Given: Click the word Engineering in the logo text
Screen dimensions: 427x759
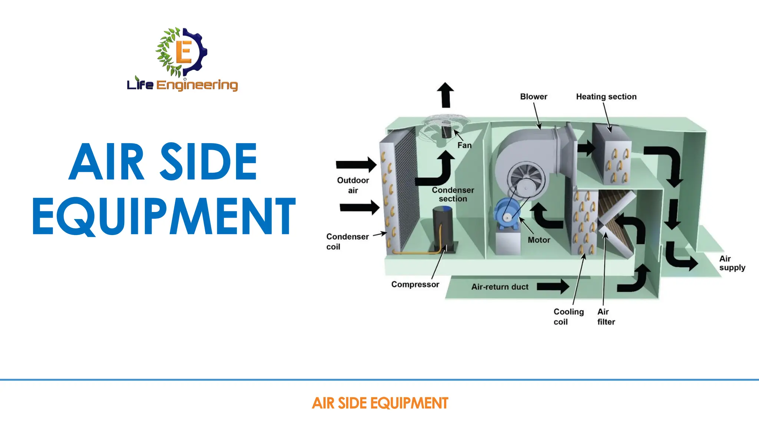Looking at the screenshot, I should click(197, 85).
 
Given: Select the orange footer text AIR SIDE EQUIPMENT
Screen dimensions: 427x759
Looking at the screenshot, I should click(380, 403).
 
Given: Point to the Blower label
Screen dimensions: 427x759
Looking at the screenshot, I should click(533, 97).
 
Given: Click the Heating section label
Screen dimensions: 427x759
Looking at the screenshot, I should click(606, 97).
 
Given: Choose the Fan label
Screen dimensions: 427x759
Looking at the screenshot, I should click(464, 145).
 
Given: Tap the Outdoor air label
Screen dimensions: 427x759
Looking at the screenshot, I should click(353, 185).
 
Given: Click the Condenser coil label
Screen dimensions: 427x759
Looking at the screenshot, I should click(347, 242).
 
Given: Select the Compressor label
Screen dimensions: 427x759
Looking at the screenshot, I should click(415, 284).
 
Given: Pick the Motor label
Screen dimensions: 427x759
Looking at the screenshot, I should click(539, 240).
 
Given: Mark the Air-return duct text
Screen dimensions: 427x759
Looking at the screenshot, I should click(500, 287).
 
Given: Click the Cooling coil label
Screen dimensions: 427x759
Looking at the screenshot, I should click(568, 317).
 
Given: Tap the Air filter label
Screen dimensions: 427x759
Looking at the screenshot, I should click(606, 317).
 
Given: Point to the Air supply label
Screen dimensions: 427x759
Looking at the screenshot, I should click(732, 263).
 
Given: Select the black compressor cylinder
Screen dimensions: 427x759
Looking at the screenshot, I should click(443, 228).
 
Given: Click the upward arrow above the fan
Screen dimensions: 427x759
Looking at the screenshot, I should click(445, 95).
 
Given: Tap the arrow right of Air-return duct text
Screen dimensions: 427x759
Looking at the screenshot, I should click(553, 286).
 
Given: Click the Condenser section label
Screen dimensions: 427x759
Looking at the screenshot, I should click(453, 194).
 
